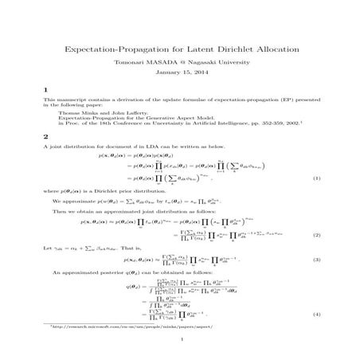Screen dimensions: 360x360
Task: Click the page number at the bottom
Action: tap(180, 358)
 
